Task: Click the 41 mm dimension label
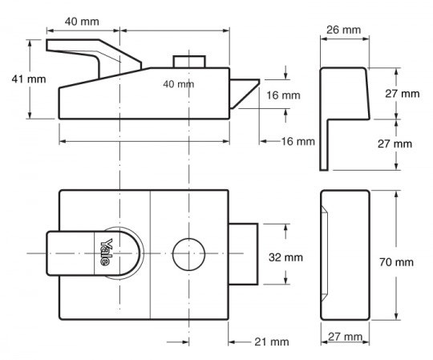(x=29, y=79)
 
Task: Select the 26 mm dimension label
(x=343, y=30)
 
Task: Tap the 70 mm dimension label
(x=396, y=262)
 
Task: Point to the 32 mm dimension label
(x=285, y=257)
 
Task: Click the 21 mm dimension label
(x=272, y=342)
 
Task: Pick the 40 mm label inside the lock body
(x=178, y=84)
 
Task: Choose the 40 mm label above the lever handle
(x=82, y=22)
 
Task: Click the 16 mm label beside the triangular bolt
(x=283, y=95)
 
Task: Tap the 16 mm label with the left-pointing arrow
(x=298, y=142)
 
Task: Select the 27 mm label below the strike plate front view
(x=345, y=337)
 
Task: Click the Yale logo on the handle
(x=107, y=252)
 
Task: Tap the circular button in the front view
(x=189, y=254)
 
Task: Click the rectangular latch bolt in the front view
(x=243, y=254)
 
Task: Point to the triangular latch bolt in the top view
(x=241, y=92)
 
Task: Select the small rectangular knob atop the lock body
(x=189, y=62)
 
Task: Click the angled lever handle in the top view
(x=94, y=57)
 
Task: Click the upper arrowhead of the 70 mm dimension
(x=396, y=194)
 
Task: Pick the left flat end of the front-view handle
(x=47, y=253)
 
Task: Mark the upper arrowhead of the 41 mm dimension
(x=30, y=43)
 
